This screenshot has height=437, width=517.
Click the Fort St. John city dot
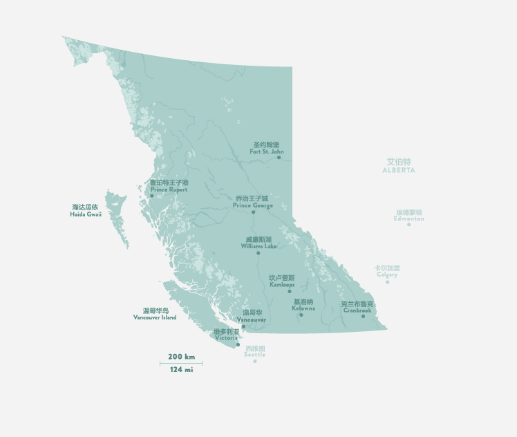(279, 158)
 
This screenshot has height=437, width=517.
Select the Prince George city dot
(254, 212)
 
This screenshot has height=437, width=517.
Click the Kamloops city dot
(290, 291)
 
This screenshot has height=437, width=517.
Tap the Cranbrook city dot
(363, 316)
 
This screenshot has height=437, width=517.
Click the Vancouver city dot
(243, 326)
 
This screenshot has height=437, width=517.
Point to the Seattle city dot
(254, 361)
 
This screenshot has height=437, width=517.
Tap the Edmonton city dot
(408, 224)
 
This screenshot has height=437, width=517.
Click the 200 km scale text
(181, 357)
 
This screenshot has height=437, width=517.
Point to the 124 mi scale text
(181, 370)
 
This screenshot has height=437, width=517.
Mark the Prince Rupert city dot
(152, 196)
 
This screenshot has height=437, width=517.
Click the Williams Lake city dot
(258, 253)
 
